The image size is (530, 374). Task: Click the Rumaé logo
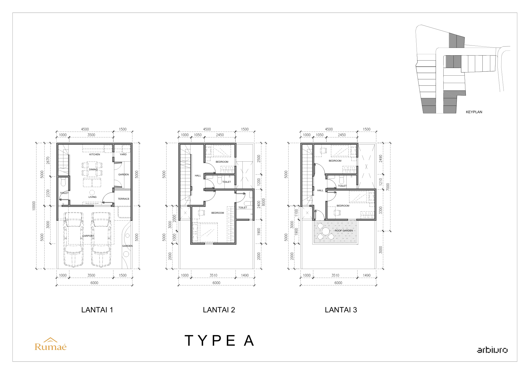(50, 344)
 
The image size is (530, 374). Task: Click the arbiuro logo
(492, 350)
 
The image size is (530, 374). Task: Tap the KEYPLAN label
(474, 112)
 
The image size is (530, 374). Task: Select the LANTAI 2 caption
(219, 310)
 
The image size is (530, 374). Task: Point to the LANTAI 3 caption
(341, 310)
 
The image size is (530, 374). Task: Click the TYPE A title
(219, 340)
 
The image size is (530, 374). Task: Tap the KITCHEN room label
(95, 154)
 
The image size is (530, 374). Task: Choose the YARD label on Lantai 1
(123, 154)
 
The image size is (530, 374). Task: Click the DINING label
(93, 170)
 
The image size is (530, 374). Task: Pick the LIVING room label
(92, 197)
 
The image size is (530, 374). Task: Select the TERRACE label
(123, 199)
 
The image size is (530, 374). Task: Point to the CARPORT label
(88, 236)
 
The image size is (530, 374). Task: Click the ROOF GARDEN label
(344, 231)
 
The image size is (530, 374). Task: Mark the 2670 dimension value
(48, 160)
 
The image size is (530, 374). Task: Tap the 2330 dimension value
(48, 193)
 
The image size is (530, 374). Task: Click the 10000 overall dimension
(34, 206)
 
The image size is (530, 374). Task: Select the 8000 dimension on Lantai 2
(263, 202)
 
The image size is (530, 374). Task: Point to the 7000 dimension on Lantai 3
(388, 187)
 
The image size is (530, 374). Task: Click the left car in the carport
(73, 239)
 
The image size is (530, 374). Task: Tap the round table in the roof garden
(326, 231)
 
